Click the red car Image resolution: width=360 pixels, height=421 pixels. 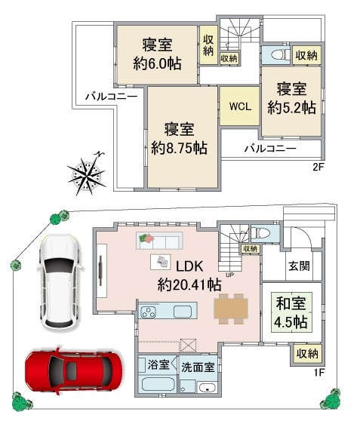click(x=73, y=371)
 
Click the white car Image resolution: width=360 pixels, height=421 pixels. click(x=59, y=281)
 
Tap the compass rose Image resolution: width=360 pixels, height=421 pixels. click(x=87, y=174)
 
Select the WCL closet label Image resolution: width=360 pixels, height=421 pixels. click(x=240, y=106)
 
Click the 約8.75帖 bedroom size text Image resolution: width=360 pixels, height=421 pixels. click(x=179, y=148)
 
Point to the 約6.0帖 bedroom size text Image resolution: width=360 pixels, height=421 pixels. click(x=158, y=63)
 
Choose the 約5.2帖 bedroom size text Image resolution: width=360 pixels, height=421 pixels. click(x=291, y=108)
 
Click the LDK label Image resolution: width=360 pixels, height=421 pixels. click(x=189, y=266)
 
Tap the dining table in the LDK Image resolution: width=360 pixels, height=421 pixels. click(x=231, y=309)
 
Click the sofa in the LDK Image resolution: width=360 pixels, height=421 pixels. click(x=159, y=241)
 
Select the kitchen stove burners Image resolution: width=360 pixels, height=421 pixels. click(x=148, y=312)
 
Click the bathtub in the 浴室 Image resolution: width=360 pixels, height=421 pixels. click(x=158, y=384)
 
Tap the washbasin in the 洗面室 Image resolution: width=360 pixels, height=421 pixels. click(x=207, y=388)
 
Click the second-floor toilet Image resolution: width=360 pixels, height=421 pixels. click(x=281, y=55)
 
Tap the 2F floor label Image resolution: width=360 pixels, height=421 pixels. click(x=318, y=167)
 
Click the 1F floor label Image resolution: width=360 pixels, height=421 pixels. click(x=318, y=373)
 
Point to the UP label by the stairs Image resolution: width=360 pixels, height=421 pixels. click(x=230, y=275)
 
